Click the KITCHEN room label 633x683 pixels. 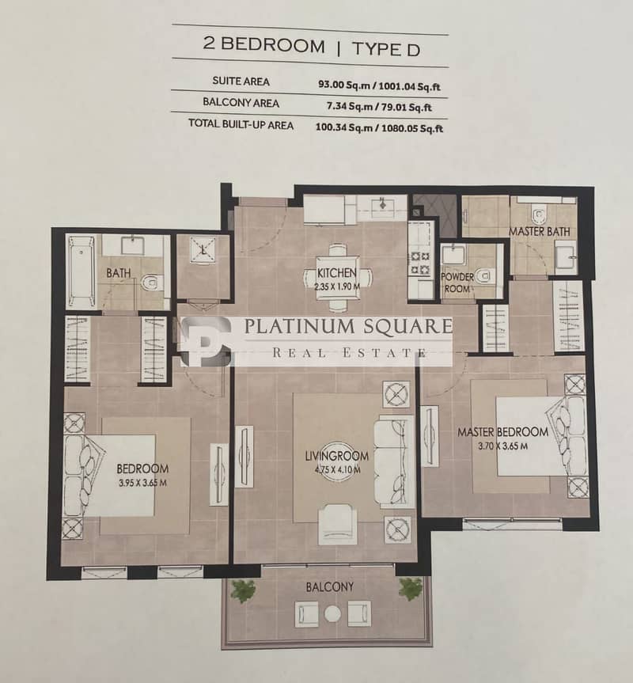click(x=336, y=273)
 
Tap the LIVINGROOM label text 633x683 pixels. click(x=336, y=456)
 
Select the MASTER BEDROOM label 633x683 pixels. click(x=502, y=432)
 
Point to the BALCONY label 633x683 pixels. click(x=330, y=587)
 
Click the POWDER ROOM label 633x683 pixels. click(x=457, y=283)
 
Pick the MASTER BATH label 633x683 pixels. click(x=540, y=232)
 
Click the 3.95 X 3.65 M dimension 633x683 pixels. click(x=142, y=483)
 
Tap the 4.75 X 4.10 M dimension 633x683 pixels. click(x=337, y=470)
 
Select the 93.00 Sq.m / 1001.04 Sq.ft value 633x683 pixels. click(x=379, y=85)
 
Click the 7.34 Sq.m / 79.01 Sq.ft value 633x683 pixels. click(x=379, y=107)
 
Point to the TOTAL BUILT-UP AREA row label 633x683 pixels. click(x=241, y=124)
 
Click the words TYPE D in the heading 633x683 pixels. click(x=386, y=49)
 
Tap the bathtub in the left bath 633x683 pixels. click(x=81, y=272)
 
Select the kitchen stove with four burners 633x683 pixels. click(x=420, y=263)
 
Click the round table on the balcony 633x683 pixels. click(x=332, y=613)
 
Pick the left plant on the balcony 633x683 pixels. click(x=244, y=591)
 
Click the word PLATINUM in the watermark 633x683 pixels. click(x=300, y=326)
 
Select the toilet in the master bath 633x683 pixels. click(x=539, y=214)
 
